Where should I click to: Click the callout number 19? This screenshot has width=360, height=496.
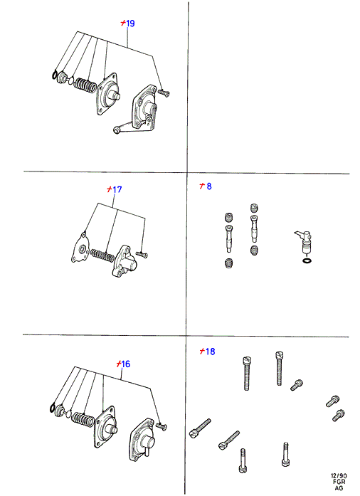pos(130,23)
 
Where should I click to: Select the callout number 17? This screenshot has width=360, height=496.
pos(117,189)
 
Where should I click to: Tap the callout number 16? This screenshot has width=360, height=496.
pos(126,364)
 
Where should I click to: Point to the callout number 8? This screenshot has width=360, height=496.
pos(209,186)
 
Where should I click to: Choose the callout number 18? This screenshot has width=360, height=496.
pos(210,352)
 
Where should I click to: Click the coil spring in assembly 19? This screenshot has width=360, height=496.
pos(85,85)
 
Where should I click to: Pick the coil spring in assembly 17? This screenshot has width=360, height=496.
pos(102,255)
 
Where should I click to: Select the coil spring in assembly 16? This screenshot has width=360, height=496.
pos(83,419)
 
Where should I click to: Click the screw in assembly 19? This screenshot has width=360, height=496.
pos(163,93)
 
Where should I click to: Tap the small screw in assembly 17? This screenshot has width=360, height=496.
pos(142,254)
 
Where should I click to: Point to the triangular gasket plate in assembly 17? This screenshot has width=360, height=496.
pos(80,248)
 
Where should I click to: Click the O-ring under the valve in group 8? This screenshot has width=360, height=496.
pos(306,261)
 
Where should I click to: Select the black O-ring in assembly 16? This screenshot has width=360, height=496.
pos(53,408)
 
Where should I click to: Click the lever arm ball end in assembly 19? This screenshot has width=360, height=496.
pos(117,130)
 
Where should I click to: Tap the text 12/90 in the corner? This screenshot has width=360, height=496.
pos(339,476)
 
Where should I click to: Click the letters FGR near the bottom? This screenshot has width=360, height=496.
pos(339,482)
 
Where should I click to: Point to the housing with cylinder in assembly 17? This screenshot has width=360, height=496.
pos(125,261)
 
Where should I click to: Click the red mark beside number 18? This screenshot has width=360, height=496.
pos(203,351)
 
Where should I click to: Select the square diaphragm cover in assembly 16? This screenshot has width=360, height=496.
pos(105,426)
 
